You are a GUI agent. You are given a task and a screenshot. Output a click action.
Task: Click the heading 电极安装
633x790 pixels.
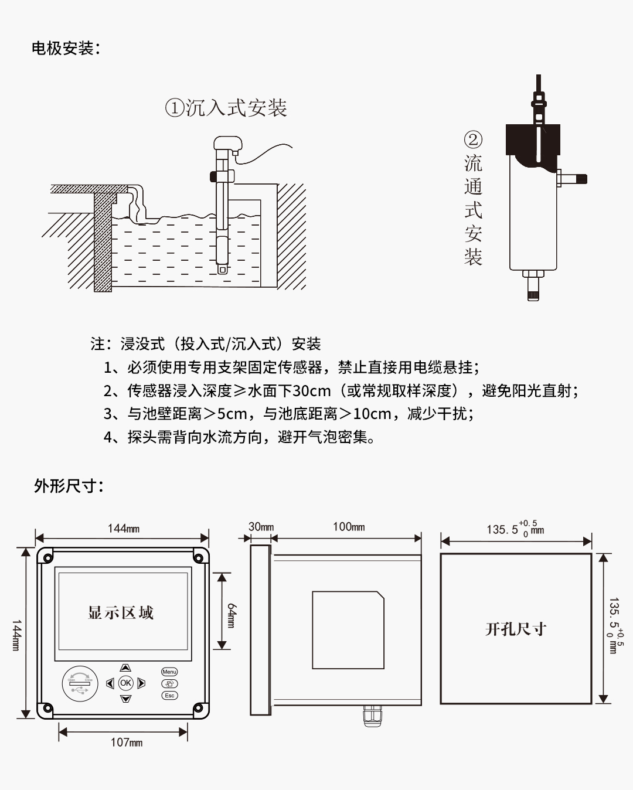66,48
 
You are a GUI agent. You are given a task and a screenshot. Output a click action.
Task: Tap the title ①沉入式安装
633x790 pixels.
226,108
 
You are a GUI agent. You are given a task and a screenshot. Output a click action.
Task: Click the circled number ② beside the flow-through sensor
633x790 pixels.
473,139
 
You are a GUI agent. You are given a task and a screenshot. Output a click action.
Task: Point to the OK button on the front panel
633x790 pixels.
125,683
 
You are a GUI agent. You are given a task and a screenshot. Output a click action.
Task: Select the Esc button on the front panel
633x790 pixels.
169,696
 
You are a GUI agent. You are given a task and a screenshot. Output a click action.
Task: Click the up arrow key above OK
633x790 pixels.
125,668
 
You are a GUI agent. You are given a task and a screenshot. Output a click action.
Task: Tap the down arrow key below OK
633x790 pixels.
125,699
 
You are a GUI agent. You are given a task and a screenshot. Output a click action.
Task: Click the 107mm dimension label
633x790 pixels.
127,743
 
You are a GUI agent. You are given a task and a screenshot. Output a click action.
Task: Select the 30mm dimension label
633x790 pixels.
261,527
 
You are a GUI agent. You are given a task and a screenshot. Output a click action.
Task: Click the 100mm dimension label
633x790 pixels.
349,527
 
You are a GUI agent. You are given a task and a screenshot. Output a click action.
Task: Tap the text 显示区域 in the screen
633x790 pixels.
121,613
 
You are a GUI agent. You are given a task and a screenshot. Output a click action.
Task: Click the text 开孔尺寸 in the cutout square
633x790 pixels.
516,629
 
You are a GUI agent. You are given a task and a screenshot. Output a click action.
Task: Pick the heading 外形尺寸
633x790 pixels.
68,486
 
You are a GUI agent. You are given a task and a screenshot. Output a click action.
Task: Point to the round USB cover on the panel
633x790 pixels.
80,683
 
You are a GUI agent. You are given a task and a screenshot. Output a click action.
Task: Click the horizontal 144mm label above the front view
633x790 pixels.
124,529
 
